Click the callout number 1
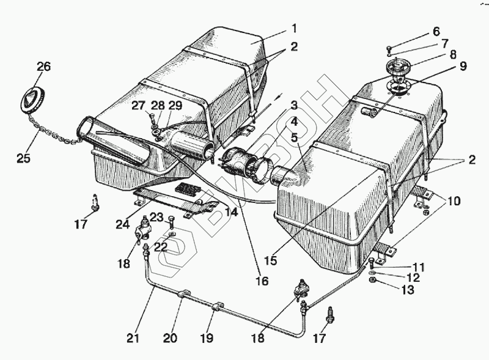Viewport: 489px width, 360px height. tap(293, 28)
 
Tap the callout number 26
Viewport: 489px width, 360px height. tap(43, 66)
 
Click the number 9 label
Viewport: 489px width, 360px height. tap(462, 66)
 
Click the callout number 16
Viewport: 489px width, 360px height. tap(262, 282)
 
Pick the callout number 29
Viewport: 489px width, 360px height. tap(175, 105)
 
